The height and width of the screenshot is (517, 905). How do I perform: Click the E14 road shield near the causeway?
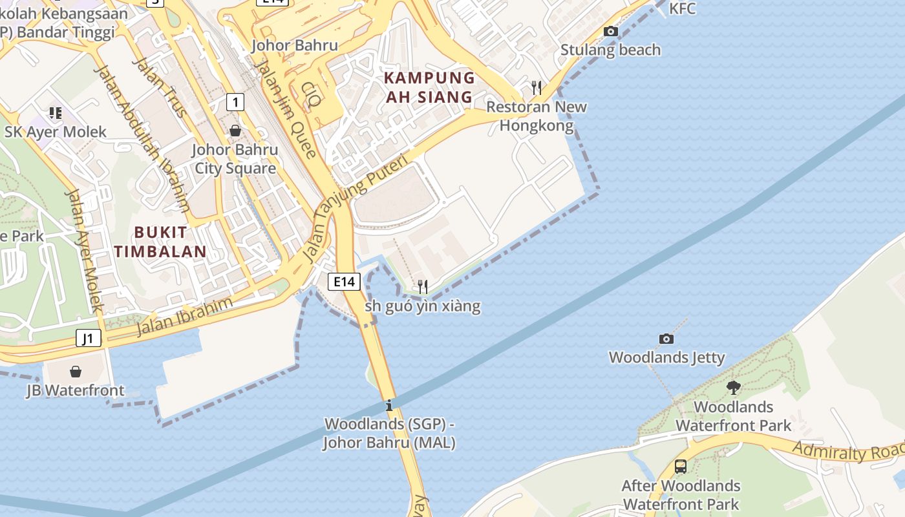344,281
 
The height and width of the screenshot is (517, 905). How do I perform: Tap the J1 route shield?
89,338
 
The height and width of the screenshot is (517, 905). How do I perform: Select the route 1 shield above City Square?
235,101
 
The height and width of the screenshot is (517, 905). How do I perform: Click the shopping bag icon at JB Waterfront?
76,372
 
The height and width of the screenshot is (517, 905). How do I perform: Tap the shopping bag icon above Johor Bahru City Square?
235,131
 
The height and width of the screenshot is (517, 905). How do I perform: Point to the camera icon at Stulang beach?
610,31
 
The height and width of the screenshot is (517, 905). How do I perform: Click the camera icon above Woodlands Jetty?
666,339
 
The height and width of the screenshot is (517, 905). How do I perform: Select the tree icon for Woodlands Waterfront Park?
733,388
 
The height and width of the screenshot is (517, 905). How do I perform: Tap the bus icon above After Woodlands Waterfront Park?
680,466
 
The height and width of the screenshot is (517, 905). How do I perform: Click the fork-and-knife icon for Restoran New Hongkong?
536,87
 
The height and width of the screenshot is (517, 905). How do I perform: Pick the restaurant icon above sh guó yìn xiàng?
422,286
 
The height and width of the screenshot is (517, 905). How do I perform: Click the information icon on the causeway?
389,406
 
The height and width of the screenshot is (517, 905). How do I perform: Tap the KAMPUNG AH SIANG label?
429,87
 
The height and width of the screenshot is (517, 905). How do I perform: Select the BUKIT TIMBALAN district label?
160,242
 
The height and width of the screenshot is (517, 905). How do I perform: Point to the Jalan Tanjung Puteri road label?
356,207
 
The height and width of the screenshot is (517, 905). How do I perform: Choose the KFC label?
682,8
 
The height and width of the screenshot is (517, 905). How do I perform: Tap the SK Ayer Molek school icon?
56,113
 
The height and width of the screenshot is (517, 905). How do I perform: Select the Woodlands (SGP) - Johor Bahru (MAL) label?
389,434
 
